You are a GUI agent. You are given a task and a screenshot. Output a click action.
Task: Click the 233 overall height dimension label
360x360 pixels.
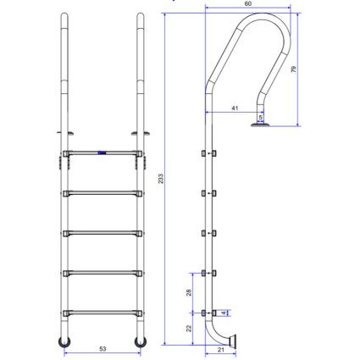[161, 179]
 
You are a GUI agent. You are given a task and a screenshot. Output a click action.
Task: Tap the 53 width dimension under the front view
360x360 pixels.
[102, 349]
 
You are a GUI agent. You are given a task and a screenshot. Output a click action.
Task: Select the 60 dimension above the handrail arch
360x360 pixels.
[247, 3]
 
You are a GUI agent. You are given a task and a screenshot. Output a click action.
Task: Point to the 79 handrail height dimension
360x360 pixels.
[294, 69]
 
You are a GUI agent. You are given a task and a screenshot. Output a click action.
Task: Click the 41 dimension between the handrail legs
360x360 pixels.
[235, 108]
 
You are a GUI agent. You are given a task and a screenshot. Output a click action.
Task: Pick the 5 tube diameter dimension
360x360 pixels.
[260, 117]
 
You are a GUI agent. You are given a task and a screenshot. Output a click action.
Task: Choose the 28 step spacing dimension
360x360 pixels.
[189, 292]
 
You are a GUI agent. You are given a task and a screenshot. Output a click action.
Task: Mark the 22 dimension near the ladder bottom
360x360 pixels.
[189, 328]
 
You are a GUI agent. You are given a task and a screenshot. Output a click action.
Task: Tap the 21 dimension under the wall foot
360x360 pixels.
[221, 350]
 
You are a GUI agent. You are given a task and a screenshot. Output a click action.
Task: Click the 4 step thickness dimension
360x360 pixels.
[224, 313]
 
